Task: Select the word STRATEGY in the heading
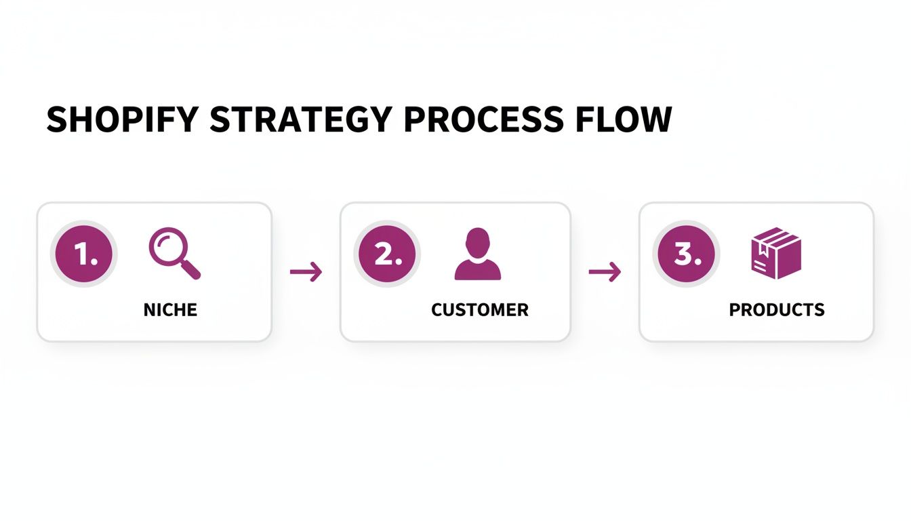301,119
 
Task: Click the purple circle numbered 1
84,254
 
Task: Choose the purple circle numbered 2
386,254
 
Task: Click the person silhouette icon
478,254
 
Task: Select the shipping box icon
777,253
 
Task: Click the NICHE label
170,310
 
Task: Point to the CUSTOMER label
480,310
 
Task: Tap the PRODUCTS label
777,310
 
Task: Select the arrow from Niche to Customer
306,272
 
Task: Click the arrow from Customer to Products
605,272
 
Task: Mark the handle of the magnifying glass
191,270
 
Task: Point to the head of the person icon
478,241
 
